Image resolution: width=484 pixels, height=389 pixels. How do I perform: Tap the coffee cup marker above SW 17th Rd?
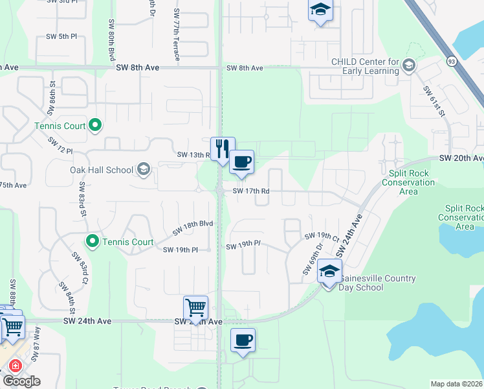click(241, 161)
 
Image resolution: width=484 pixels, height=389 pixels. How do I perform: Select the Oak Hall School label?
click(102, 170)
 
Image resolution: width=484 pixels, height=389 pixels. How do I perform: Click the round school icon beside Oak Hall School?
click(144, 171)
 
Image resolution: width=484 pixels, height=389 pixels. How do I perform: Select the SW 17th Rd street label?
click(251, 191)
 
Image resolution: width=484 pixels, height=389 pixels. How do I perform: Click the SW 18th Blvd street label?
click(193, 228)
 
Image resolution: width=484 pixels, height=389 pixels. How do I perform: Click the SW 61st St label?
click(435, 102)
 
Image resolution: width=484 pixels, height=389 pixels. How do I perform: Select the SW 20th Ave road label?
click(461, 158)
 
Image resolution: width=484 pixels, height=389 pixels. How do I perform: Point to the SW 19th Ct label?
click(322, 237)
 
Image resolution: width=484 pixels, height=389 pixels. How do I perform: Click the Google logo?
click(21, 381)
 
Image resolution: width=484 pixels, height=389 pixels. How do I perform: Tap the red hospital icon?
click(15, 366)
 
